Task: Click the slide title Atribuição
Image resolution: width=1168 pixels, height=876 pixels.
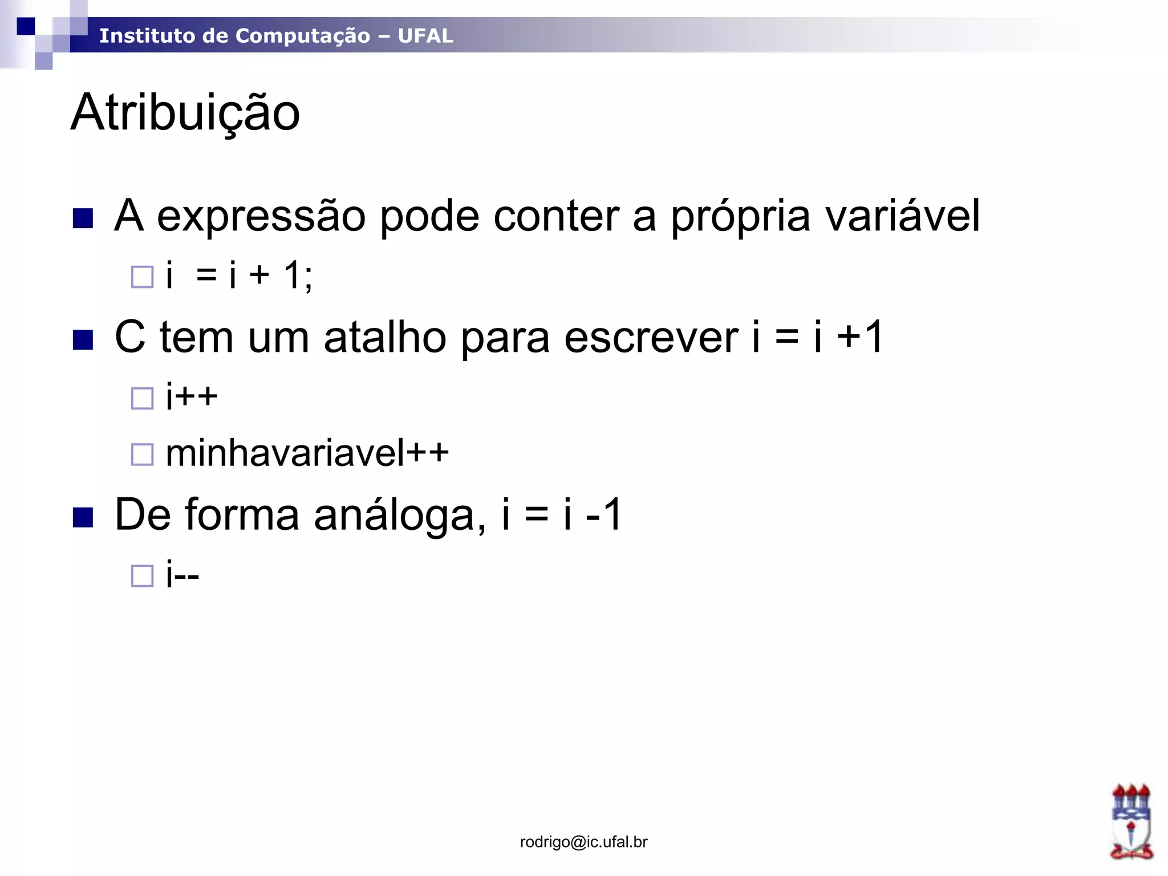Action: [x=185, y=113]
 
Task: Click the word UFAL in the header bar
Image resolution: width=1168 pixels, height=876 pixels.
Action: [x=425, y=36]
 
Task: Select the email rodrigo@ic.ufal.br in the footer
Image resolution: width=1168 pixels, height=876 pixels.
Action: [x=583, y=842]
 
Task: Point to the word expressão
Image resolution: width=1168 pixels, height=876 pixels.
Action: [x=261, y=216]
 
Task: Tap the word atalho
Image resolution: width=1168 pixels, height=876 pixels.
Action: [x=385, y=337]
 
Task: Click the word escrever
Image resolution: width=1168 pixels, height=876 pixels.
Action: [x=651, y=337]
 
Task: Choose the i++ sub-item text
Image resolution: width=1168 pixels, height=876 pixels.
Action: [x=192, y=396]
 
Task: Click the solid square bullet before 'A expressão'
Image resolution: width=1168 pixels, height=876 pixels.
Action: [x=83, y=218]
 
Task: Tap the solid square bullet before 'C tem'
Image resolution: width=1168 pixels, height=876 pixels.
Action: [x=83, y=340]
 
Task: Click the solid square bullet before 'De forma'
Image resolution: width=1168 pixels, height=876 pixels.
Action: [x=83, y=518]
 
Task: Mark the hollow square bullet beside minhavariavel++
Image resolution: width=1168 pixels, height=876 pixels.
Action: [x=143, y=455]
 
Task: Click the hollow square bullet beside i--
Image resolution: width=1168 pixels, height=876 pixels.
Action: [x=143, y=575]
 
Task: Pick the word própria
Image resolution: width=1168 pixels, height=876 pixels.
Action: [x=740, y=216]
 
